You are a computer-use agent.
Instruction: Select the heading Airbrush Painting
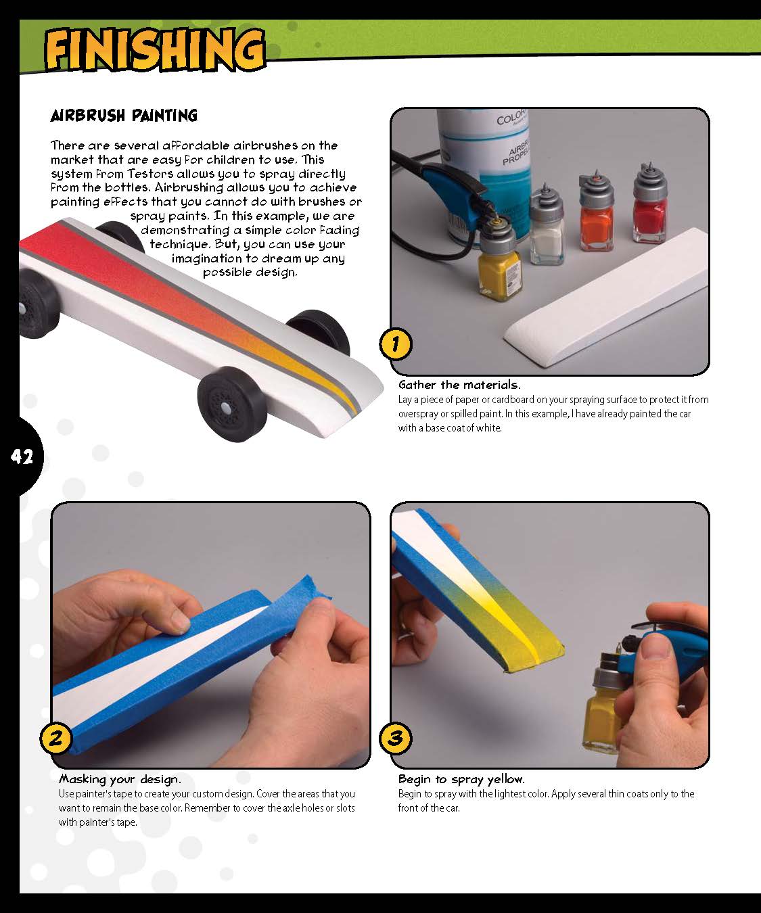(124, 116)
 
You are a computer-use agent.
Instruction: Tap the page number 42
(22, 457)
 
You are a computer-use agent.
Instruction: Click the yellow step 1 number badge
(395, 345)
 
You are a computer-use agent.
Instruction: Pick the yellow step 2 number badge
(56, 738)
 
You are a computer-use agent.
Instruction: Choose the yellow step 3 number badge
(396, 738)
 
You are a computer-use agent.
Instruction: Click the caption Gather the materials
(459, 385)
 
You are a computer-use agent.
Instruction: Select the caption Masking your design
(120, 779)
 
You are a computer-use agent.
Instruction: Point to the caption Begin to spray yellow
(461, 779)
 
